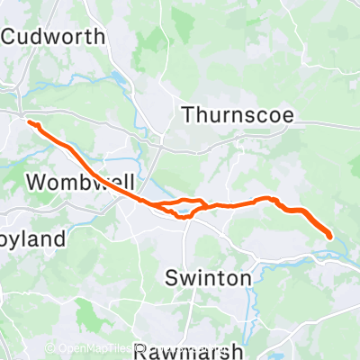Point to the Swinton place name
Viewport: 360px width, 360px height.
coord(208,278)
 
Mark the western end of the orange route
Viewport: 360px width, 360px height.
coord(30,122)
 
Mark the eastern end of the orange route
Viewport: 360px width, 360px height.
coord(330,237)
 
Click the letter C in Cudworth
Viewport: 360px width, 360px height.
coord(11,38)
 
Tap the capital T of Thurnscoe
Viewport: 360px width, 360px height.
coord(187,114)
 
